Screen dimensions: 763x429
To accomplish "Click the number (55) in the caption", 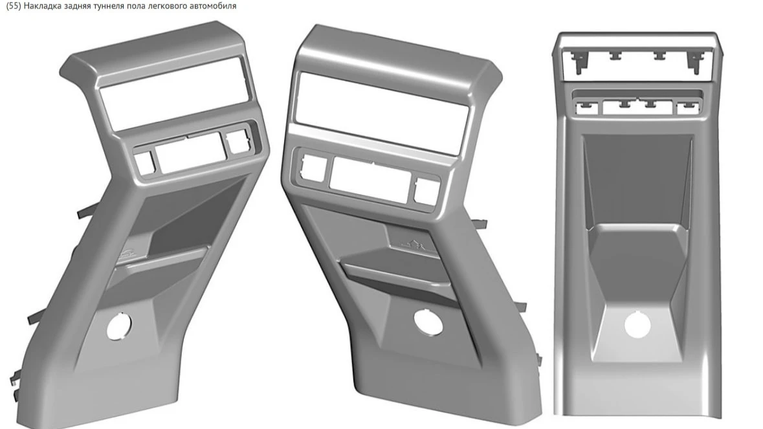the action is (x=14, y=6).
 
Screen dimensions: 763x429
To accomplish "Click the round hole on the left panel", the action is (x=118, y=325).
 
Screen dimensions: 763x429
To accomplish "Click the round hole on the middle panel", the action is (x=428, y=322).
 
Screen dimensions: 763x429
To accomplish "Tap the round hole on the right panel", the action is (x=637, y=324).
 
